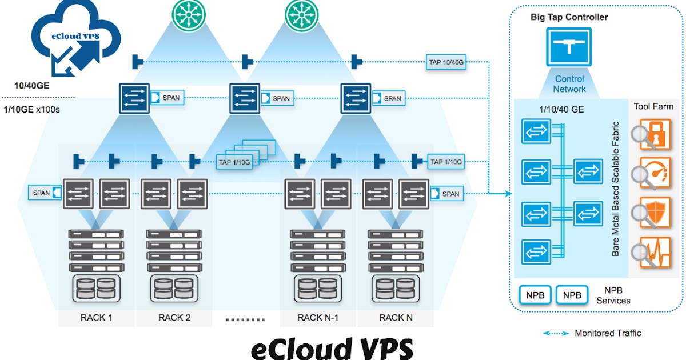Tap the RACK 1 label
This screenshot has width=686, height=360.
pos(97,318)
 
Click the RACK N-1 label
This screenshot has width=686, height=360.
pos(318,318)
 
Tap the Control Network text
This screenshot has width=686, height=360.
pos(569,84)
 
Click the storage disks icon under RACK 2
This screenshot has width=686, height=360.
pos(174,289)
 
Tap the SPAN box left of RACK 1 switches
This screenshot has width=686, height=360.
pos(45,193)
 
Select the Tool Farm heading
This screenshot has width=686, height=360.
pos(653,106)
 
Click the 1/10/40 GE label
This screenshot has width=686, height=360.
pos(557,109)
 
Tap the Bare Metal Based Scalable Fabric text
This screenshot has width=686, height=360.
pos(616,189)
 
